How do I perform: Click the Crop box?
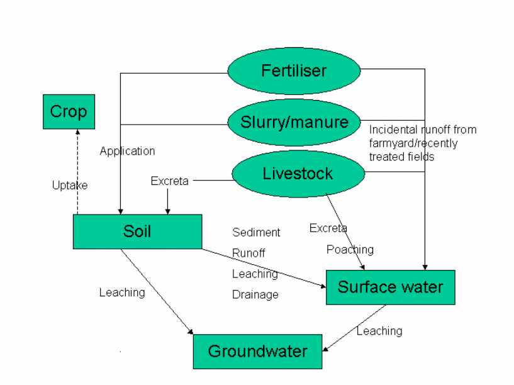point(69,111)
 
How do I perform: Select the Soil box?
point(137,231)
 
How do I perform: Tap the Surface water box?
point(390,287)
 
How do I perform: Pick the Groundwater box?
point(257,351)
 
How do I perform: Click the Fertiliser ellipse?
point(294,70)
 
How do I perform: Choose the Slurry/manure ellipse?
point(294,121)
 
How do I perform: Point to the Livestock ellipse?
point(298,174)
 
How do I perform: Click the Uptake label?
point(70,186)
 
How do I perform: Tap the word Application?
point(127,151)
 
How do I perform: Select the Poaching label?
point(350,250)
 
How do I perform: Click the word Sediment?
point(256,232)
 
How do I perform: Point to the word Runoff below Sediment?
point(249,253)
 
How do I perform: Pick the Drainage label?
point(255,294)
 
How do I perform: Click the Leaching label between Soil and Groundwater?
point(122,293)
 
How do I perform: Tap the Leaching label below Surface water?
point(379,331)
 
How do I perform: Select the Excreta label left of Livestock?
point(169,181)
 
